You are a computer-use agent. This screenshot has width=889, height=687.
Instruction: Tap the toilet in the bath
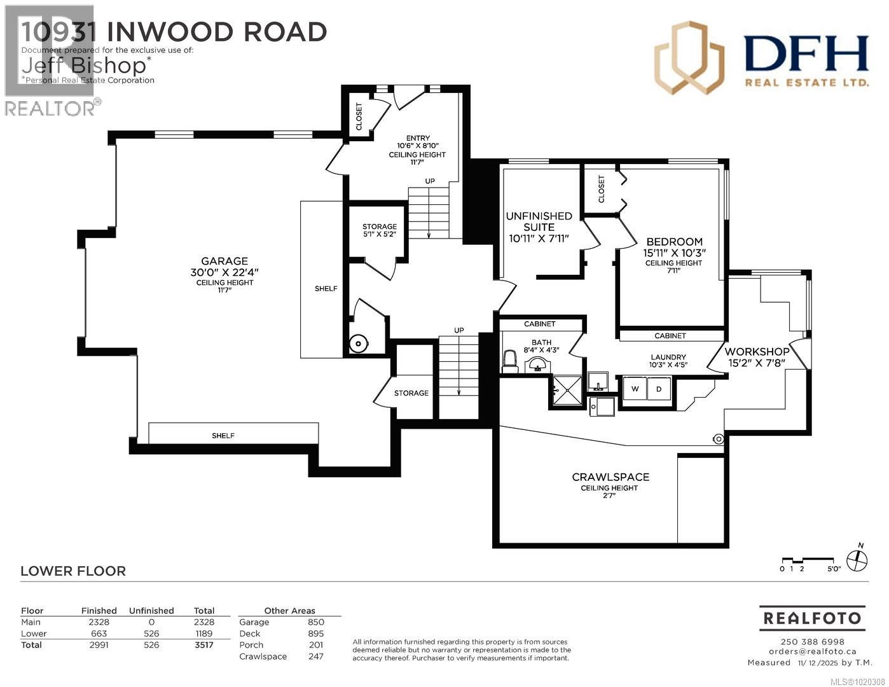(x=510, y=361)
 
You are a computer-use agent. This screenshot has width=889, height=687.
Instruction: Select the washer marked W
(x=635, y=389)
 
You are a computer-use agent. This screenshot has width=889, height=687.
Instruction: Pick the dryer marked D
(x=659, y=389)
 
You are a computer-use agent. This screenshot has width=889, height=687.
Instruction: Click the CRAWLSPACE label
(x=610, y=477)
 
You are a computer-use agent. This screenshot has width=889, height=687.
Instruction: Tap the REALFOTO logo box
(x=811, y=618)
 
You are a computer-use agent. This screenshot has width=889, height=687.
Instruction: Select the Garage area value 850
(x=315, y=622)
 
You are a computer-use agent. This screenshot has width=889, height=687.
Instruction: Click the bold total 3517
(x=203, y=645)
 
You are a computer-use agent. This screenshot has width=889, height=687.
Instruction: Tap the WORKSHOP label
(x=757, y=352)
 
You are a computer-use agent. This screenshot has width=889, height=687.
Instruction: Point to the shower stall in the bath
(x=566, y=389)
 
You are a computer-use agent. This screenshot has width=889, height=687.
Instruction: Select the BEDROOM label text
(x=674, y=242)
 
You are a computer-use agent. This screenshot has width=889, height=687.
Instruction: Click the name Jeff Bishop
(x=85, y=65)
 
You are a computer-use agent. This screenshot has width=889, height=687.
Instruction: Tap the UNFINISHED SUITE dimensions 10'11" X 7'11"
(x=539, y=239)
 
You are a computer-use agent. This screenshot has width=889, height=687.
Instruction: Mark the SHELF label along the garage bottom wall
(x=223, y=436)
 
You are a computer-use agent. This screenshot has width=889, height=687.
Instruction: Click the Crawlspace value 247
(x=315, y=656)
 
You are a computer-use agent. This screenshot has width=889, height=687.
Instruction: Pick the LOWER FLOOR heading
(x=73, y=571)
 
